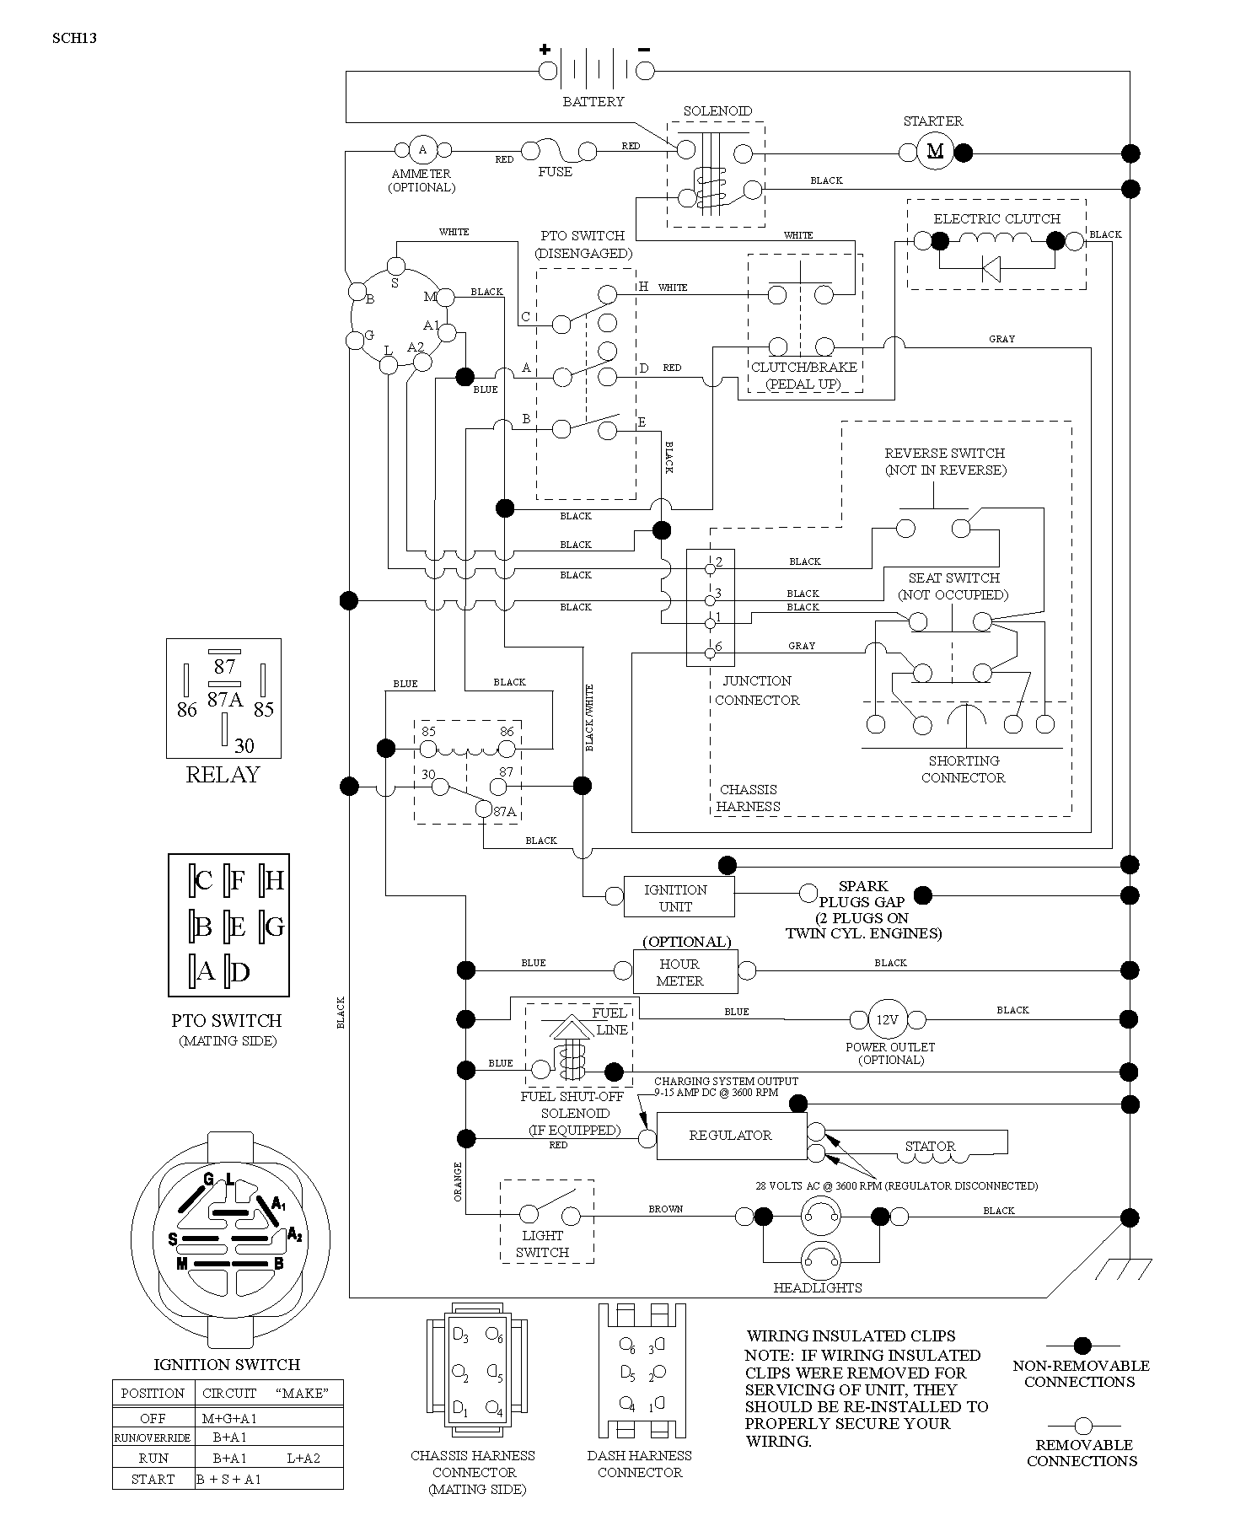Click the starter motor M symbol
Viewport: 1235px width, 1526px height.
935,152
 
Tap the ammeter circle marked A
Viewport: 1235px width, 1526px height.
423,150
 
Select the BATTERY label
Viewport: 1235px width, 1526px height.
593,101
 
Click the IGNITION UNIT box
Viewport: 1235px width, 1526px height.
679,897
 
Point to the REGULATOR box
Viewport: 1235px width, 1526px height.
730,1135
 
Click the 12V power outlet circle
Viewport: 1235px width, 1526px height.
887,1019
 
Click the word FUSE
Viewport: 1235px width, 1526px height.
555,172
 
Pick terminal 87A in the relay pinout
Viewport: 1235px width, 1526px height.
224,700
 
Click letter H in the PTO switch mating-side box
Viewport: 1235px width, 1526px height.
274,881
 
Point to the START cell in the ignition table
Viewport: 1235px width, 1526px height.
153,1479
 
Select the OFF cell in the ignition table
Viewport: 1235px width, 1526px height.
153,1418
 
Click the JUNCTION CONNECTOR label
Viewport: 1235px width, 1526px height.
757,690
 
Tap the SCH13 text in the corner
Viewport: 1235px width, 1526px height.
74,37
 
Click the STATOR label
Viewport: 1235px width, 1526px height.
930,1147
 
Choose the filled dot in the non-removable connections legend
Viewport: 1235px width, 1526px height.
1082,1346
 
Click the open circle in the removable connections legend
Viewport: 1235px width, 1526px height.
1082,1426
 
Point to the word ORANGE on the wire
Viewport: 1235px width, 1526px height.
459,1181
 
